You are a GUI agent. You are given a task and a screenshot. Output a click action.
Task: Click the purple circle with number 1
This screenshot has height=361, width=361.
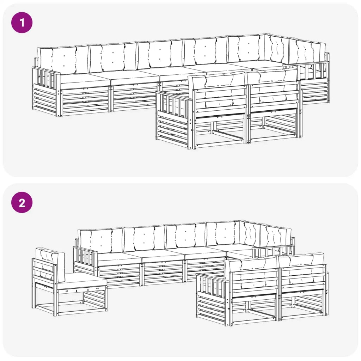[x=22, y=23]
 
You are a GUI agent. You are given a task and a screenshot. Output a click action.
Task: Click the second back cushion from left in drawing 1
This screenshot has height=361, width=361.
[x=113, y=56]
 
